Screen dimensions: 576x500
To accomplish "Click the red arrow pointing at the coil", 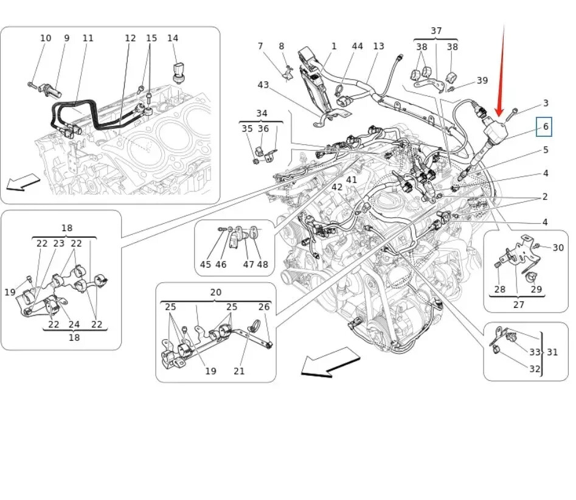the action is tap(501, 70).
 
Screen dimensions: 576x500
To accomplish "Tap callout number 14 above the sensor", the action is tap(173, 38).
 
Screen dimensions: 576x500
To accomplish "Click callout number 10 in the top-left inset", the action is tap(46, 38).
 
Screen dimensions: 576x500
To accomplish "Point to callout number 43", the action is tap(263, 85).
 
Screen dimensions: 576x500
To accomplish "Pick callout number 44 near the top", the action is tap(357, 46).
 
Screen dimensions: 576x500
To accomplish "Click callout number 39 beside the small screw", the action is tap(482, 80).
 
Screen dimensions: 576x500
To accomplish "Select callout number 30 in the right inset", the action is tap(558, 248).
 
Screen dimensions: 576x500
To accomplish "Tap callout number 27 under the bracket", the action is tap(518, 304).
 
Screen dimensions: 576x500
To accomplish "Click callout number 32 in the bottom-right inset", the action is tap(535, 369).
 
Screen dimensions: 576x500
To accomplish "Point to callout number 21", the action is tap(239, 371).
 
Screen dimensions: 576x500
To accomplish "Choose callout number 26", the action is tap(264, 307).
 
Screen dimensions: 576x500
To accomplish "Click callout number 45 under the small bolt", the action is tap(206, 264).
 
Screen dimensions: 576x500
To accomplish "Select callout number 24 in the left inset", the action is tap(74, 324).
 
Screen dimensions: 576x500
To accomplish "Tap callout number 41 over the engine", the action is tap(351, 179).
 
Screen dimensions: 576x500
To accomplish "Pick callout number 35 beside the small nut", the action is tap(247, 128).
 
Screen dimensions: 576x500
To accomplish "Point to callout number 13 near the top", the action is tap(378, 46).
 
